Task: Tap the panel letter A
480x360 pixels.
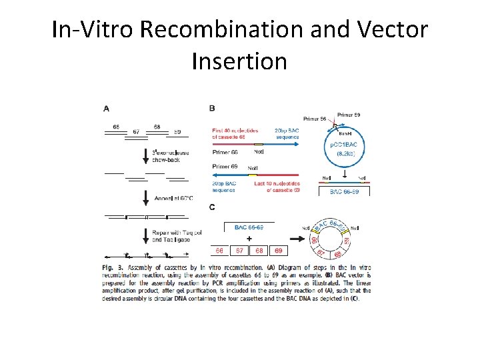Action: click(107, 109)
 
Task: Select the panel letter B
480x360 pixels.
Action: click(212, 109)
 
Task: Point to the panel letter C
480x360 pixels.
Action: click(212, 207)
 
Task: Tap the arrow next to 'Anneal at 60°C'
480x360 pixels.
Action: click(146, 197)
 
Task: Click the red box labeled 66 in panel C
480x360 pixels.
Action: click(219, 251)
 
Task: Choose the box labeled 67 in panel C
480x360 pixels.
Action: click(239, 251)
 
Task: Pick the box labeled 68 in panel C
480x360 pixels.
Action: click(259, 251)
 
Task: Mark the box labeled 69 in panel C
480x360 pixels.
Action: click(279, 251)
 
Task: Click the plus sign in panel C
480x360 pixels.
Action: click(249, 237)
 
